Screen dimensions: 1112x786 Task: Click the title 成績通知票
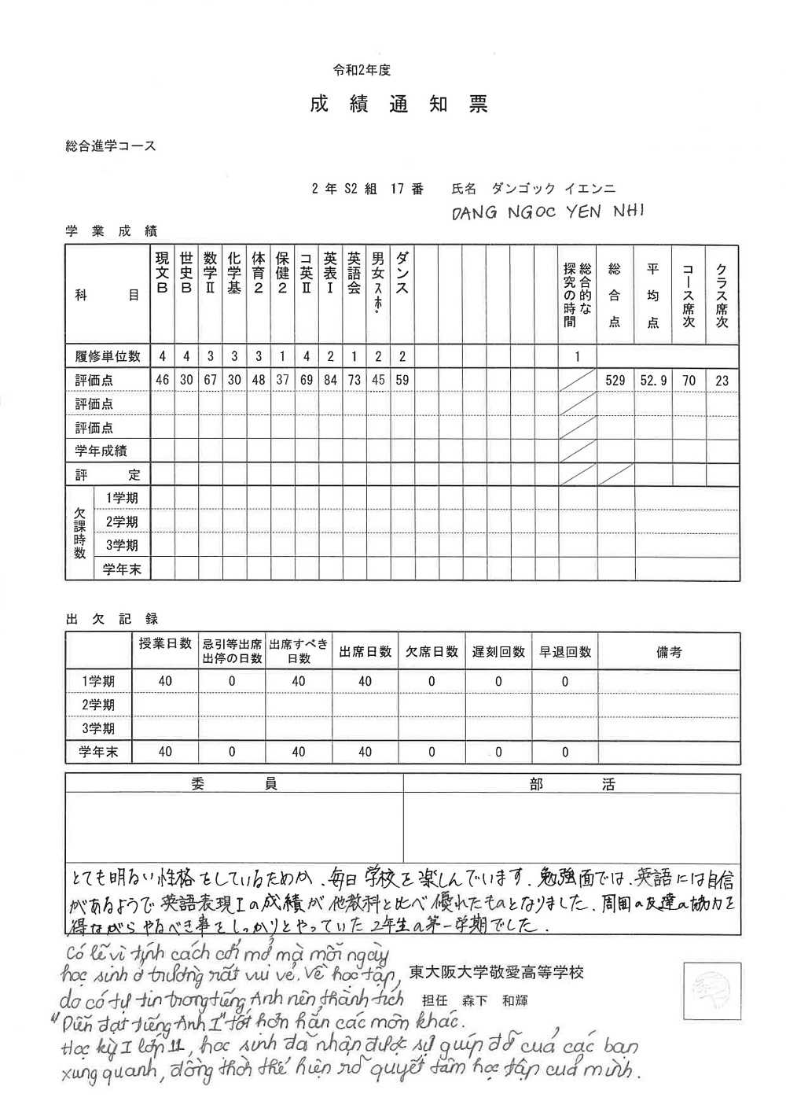click(x=399, y=104)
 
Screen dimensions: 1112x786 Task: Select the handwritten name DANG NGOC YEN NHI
click(x=548, y=212)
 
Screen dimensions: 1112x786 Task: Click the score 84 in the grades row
click(x=330, y=381)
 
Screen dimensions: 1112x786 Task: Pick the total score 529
click(x=615, y=381)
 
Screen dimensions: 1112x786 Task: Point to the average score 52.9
click(x=653, y=381)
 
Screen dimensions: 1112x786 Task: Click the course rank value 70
click(x=689, y=381)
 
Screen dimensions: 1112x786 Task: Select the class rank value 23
click(x=722, y=381)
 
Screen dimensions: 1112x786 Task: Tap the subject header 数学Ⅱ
click(x=210, y=273)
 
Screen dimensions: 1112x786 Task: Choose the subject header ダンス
click(x=402, y=273)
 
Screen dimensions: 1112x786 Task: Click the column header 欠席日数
click(x=432, y=652)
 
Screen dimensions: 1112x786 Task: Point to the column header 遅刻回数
click(x=498, y=652)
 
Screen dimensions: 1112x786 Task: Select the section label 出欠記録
click(x=112, y=620)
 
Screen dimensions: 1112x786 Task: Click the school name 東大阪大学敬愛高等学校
click(x=497, y=973)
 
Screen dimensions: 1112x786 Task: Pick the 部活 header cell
click(x=572, y=784)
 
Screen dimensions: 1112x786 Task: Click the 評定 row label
click(x=108, y=475)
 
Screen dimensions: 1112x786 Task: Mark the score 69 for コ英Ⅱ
click(x=307, y=381)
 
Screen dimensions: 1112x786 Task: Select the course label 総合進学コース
click(x=112, y=146)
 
